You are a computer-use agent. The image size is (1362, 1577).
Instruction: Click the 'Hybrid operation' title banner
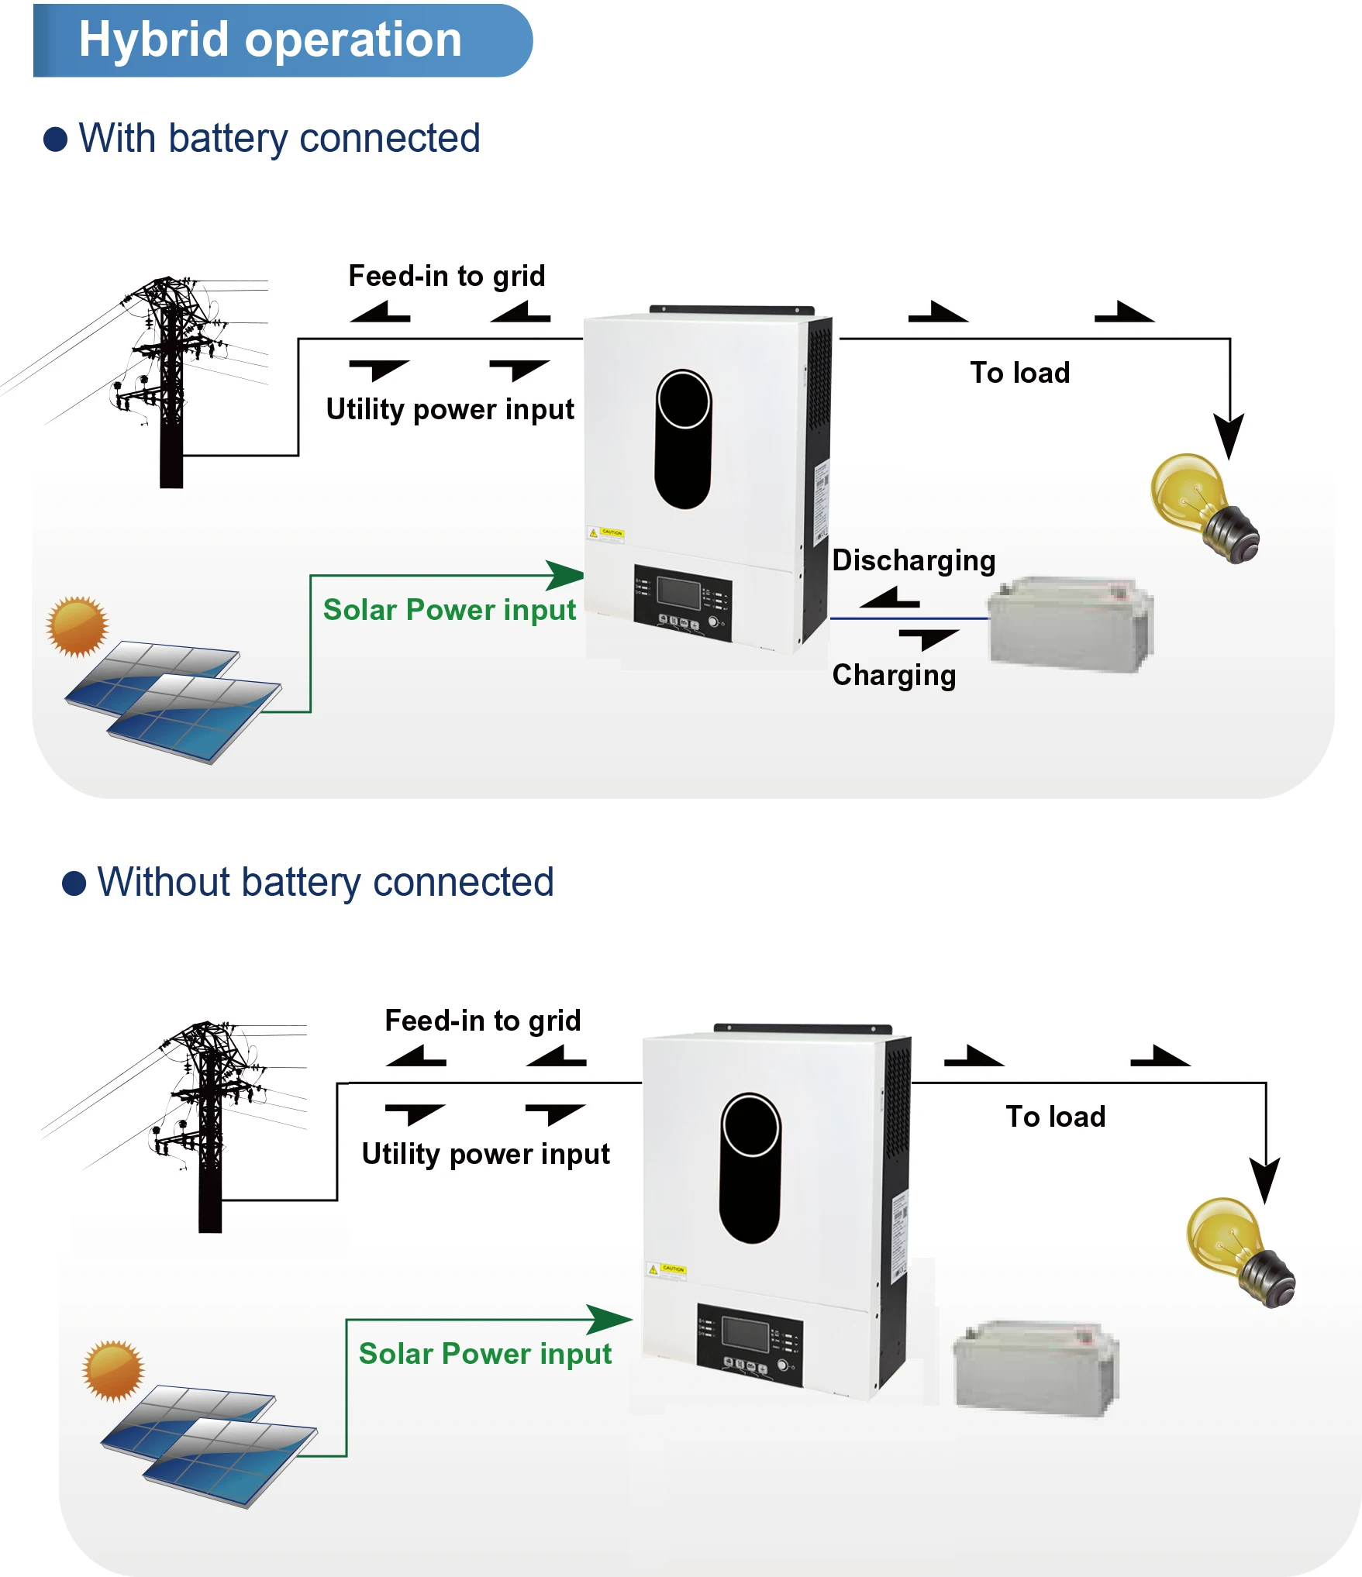tap(271, 40)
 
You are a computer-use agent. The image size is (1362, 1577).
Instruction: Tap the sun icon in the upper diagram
tap(77, 626)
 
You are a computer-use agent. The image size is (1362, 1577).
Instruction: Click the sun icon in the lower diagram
tap(113, 1370)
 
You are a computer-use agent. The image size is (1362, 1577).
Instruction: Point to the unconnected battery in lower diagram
tap(1036, 1368)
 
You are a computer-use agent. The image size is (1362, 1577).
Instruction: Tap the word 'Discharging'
tap(913, 560)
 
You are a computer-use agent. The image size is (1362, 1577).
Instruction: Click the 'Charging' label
tap(893, 675)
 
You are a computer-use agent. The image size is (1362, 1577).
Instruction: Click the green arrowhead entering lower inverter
tap(609, 1320)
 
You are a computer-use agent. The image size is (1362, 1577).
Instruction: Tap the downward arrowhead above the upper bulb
tap(1229, 436)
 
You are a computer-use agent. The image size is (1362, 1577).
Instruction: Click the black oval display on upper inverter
tap(683, 439)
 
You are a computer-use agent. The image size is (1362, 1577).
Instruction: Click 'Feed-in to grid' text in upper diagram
tap(447, 276)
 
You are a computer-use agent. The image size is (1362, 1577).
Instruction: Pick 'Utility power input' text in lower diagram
tap(485, 1154)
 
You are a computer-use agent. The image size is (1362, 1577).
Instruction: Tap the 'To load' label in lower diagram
tap(1055, 1117)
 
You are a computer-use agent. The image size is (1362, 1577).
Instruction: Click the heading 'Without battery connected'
tap(325, 882)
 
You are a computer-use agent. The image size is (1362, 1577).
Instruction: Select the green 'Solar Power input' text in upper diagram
tap(449, 610)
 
